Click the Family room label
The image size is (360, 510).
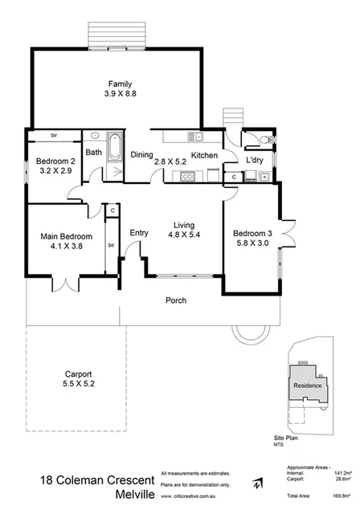[120, 84]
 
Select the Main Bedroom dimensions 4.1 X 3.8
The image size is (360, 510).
[67, 247]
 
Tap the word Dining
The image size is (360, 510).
[142, 156]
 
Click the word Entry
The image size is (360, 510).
[139, 233]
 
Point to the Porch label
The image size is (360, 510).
[176, 301]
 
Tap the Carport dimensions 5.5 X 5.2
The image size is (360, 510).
[78, 385]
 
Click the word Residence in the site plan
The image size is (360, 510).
[307, 385]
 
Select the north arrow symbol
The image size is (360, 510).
[256, 483]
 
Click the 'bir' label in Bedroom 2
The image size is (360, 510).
[54, 135]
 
